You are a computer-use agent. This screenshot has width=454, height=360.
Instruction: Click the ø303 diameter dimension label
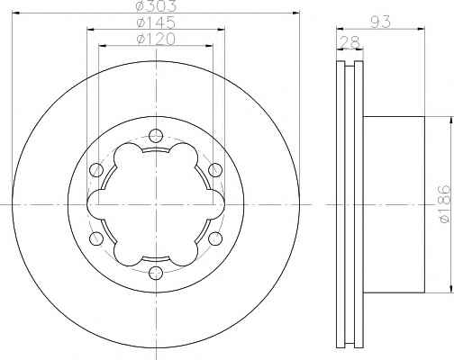(x=156, y=6)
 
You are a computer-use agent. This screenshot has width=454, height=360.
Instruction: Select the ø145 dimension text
(x=156, y=22)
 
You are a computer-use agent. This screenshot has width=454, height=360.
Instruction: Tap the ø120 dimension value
(x=156, y=40)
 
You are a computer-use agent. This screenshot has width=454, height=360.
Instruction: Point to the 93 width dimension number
(x=380, y=22)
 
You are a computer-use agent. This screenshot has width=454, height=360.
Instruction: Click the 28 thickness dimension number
(x=349, y=41)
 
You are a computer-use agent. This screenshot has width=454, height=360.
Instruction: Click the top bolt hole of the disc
(x=156, y=136)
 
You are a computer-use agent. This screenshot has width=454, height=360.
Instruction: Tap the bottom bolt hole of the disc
(x=156, y=273)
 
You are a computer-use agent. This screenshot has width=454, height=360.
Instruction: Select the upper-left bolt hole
(x=96, y=170)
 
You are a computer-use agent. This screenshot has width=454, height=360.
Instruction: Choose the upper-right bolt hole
(x=215, y=170)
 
